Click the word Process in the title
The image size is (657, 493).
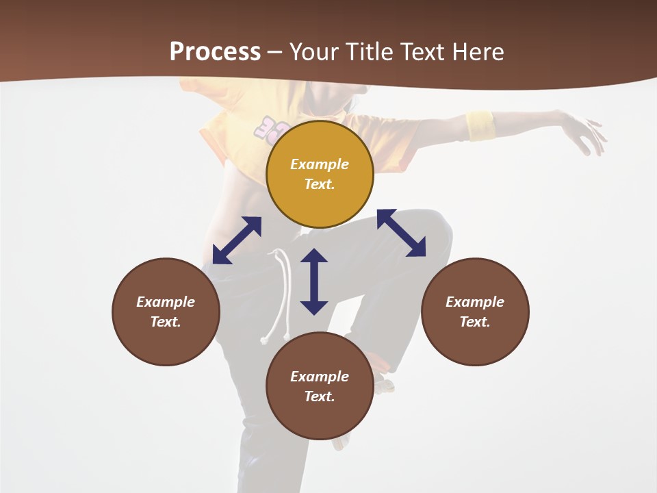215,52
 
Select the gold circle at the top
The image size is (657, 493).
320,174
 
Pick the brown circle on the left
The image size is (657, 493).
166,312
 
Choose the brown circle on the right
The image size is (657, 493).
475,312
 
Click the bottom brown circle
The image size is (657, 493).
320,385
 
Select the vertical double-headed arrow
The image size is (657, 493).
314,281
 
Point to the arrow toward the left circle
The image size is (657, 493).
237,240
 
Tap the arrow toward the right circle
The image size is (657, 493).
401,233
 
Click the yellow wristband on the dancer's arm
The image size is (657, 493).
480,125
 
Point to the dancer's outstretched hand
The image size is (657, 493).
586,134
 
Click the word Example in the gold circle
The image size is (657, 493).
320,164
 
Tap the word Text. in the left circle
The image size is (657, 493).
166,322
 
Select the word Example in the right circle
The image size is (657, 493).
475,302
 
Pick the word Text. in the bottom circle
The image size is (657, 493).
320,396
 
